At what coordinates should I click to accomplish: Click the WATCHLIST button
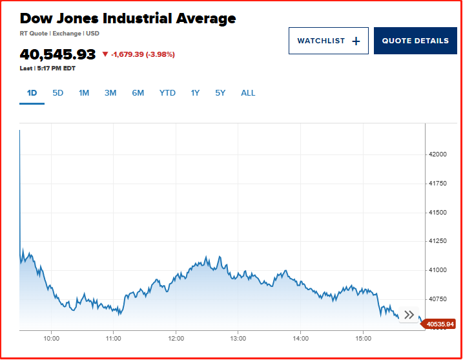pos(328,41)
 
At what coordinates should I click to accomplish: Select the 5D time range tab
pos(58,93)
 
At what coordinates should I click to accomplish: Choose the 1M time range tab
pos(84,93)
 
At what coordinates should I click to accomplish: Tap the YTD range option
pos(167,93)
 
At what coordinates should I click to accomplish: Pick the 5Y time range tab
pos(220,93)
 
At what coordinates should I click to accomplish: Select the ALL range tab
pos(248,93)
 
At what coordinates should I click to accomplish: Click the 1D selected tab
pos(32,93)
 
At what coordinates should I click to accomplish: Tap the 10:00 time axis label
pos(52,338)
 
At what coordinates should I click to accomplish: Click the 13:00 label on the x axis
pos(238,338)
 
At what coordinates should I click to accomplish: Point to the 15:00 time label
pos(364,338)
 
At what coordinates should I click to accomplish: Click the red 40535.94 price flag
pos(440,324)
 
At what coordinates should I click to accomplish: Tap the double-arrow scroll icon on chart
pos(409,315)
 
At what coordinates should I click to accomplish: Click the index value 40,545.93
pos(57,54)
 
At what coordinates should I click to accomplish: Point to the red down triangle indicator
pos(105,55)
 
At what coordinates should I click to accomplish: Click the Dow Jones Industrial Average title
pos(128,18)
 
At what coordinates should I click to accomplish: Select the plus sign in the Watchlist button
pos(356,41)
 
